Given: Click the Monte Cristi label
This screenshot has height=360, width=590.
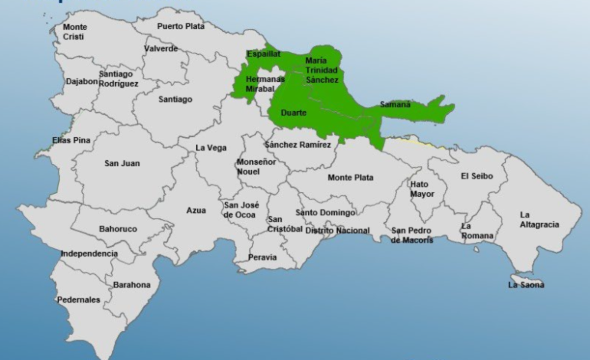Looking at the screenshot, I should (74, 31).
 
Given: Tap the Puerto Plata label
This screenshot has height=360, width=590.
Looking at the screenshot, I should (180, 26).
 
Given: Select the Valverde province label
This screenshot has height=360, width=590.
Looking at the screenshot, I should (160, 49).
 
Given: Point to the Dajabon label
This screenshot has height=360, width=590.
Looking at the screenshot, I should (81, 79).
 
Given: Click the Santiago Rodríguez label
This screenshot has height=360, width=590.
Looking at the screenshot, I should (118, 79).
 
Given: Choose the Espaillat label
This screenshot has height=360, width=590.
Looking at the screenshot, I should (264, 54).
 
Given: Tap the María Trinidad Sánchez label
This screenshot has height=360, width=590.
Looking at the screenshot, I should (321, 70).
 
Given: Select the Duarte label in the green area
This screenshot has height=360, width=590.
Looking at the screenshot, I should (293, 113).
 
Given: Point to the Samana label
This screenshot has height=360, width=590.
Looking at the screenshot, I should (395, 104).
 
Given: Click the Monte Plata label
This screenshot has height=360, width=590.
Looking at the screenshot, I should (350, 178).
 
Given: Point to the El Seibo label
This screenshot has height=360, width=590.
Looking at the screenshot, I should (477, 176).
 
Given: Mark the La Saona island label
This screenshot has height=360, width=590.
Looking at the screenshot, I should (526, 285).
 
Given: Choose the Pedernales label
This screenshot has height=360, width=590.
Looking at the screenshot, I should (78, 299).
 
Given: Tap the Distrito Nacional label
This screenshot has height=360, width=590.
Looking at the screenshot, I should (337, 231).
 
